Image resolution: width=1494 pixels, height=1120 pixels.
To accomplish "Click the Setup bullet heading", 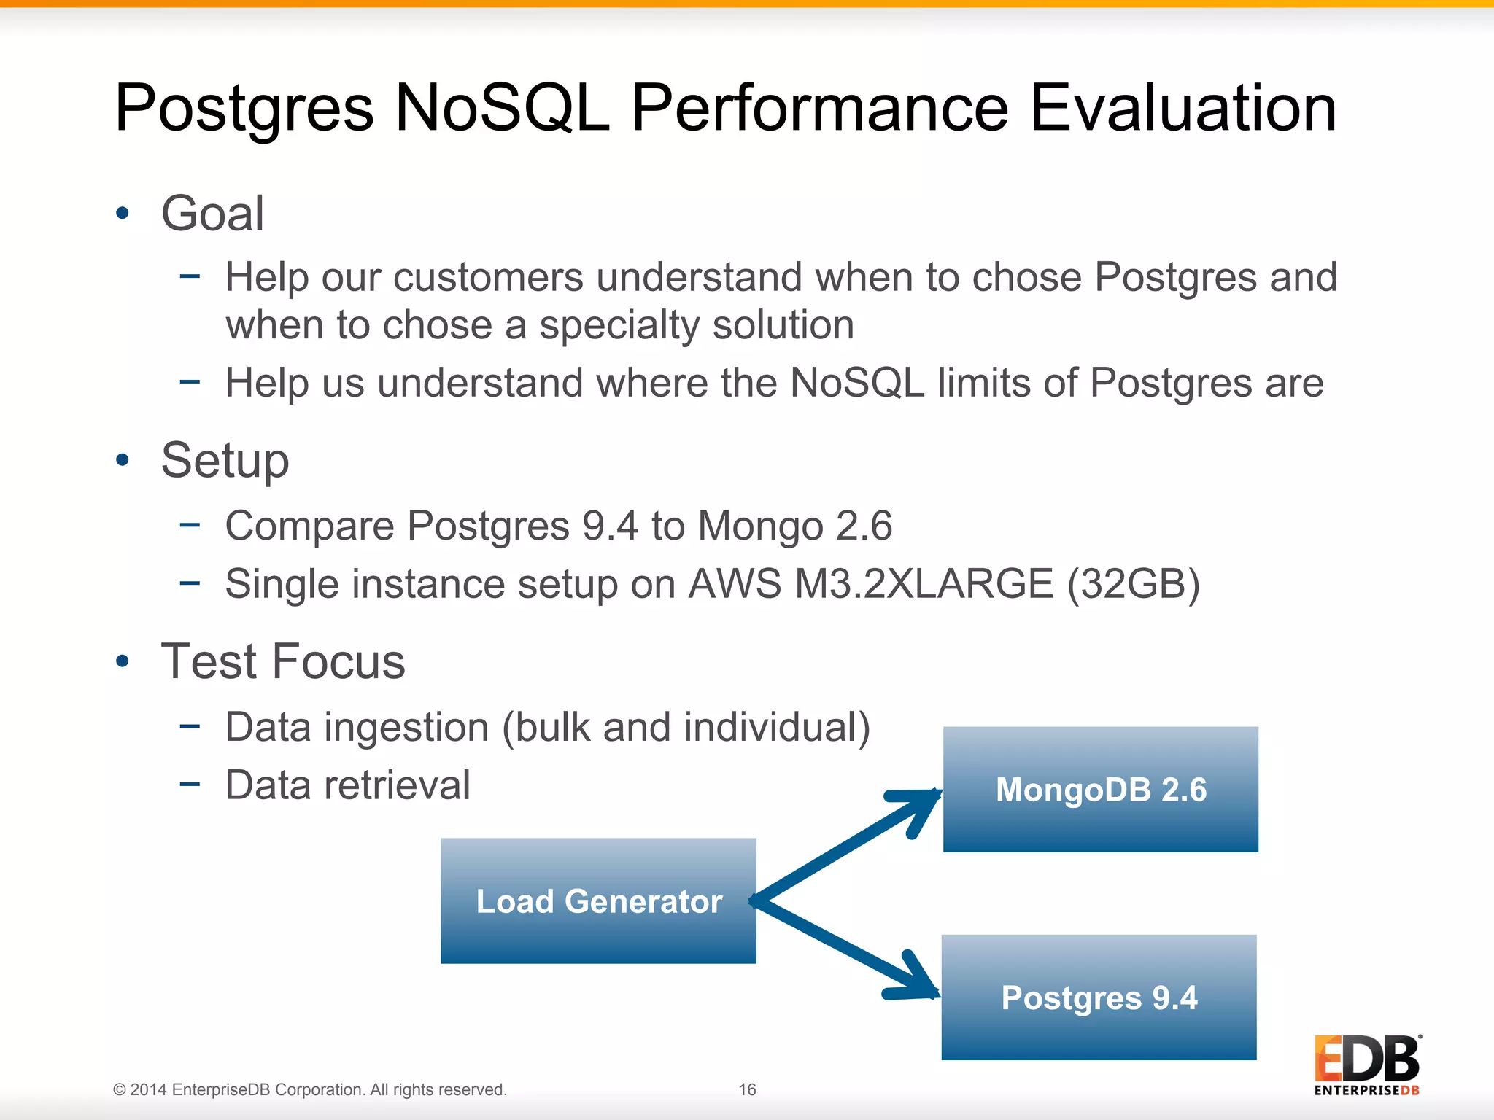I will click(225, 461).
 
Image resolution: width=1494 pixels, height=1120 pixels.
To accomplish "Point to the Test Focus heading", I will click(282, 661).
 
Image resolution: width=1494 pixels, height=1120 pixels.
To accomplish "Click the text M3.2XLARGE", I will click(924, 584).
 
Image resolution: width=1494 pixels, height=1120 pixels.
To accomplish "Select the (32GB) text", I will click(1133, 584).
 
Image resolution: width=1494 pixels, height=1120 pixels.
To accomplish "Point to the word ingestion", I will click(406, 728).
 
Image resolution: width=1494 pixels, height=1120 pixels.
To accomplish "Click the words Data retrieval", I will click(347, 785).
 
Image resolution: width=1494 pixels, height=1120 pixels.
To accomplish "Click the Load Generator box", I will click(598, 901).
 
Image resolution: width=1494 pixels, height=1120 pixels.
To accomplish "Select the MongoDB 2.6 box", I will click(1100, 790).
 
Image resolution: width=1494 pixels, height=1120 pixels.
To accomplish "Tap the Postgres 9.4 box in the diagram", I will click(1099, 997).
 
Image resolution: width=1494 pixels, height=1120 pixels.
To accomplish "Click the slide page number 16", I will click(747, 1089).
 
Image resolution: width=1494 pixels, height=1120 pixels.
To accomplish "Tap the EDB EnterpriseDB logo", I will click(1366, 1065).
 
